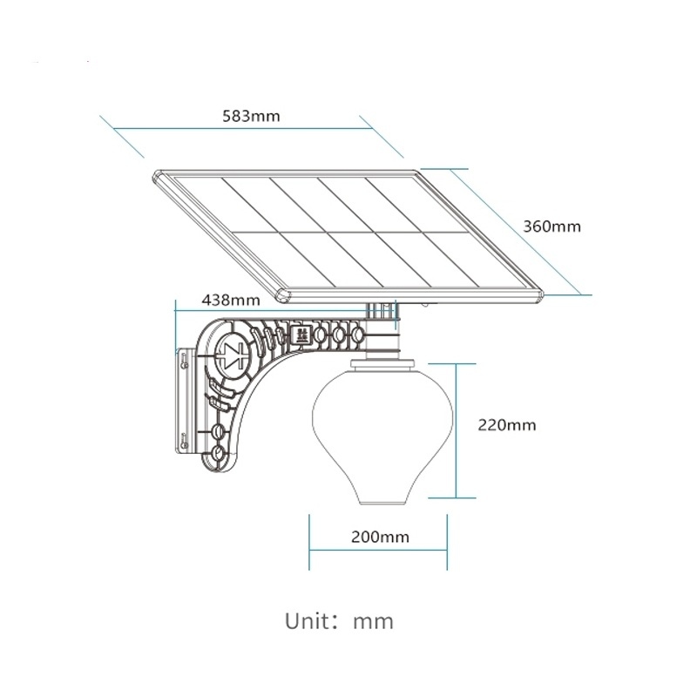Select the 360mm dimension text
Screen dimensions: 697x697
coord(552,226)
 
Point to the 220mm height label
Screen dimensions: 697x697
coord(506,425)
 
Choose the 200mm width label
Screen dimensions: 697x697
coord(380,537)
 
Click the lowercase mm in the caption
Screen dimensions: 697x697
coord(373,622)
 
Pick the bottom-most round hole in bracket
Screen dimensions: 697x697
coord(218,454)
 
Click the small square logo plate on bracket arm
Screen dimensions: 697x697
coord(301,333)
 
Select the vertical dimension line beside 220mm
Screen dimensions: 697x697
coord(455,427)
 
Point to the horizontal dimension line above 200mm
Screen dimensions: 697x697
coord(379,549)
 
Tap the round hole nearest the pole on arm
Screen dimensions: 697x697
coord(356,334)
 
